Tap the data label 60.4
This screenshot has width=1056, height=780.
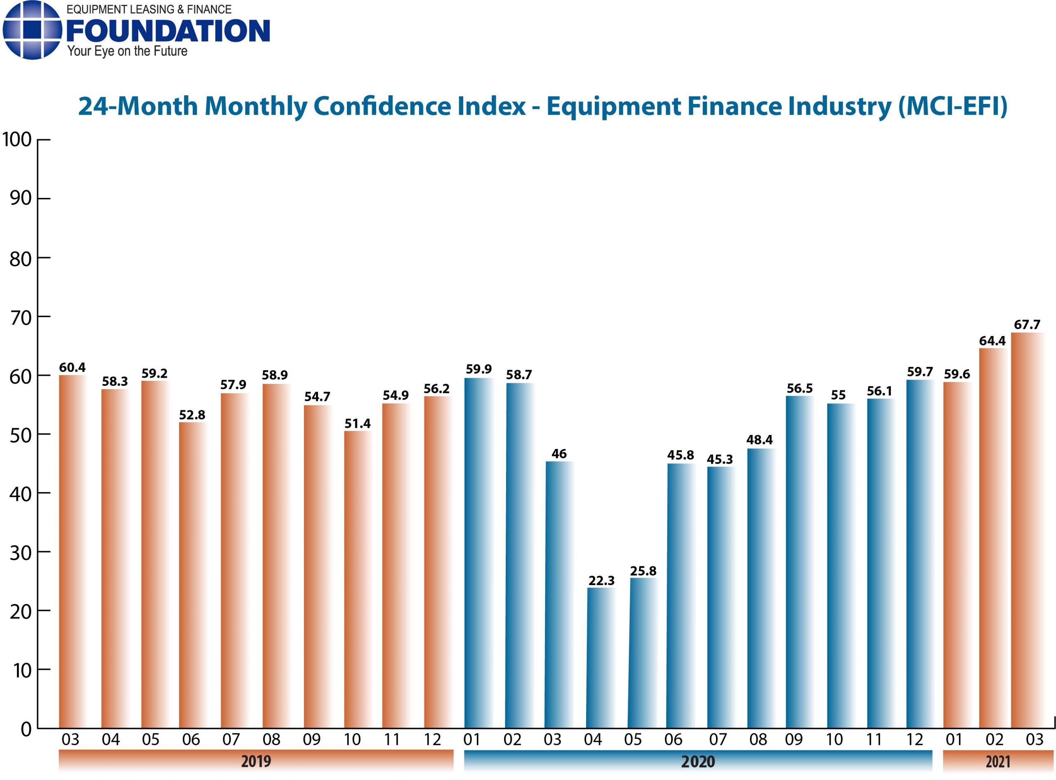pos(72,367)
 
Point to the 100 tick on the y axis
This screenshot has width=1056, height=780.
pos(17,140)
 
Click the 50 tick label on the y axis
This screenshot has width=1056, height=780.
pos(20,435)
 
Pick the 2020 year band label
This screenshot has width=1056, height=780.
pos(698,761)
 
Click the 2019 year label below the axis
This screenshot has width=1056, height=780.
pos(256,761)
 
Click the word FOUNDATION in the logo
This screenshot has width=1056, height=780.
pos(168,31)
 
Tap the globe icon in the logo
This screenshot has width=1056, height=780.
pos(32,30)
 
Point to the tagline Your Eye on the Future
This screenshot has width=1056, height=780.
pos(127,51)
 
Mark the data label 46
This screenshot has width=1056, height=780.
pos(559,454)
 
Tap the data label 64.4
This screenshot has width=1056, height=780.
pos(992,341)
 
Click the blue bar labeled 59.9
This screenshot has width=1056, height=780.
pos(478,552)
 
